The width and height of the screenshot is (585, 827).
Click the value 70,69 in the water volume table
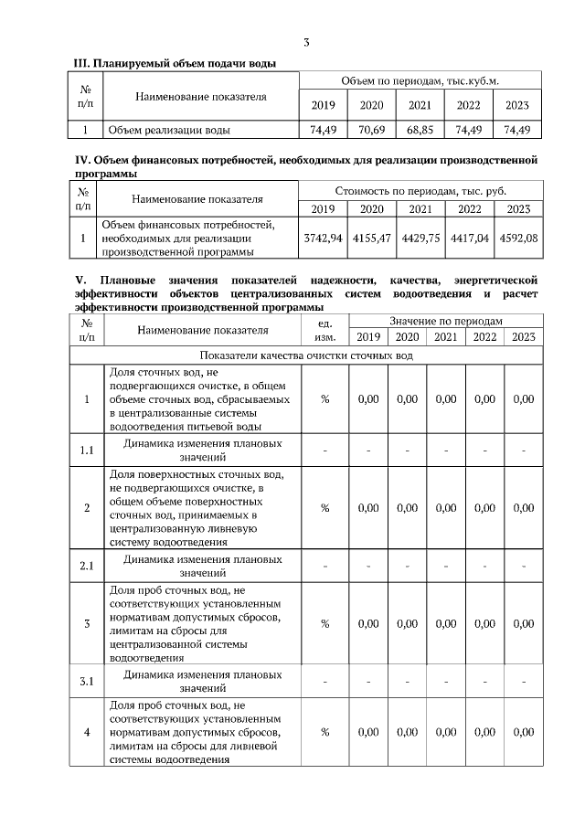(371, 130)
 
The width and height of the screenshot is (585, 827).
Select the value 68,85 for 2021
(420, 130)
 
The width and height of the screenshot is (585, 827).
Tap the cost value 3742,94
(322, 238)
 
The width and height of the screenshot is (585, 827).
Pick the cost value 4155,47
(371, 238)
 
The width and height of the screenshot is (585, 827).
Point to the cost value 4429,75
(420, 238)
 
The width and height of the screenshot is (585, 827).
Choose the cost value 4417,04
(469, 238)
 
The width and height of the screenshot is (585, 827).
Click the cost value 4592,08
(518, 238)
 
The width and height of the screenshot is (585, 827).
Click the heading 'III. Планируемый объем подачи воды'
(175, 63)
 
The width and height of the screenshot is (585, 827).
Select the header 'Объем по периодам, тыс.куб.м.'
(420, 81)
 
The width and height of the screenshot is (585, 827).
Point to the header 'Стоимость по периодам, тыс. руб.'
(420, 191)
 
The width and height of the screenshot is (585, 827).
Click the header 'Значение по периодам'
(445, 322)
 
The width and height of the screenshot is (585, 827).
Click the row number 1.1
(87, 451)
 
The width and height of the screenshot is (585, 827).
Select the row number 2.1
(87, 566)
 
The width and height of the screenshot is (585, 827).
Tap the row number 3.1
(87, 681)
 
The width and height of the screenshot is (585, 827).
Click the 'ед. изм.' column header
(324, 330)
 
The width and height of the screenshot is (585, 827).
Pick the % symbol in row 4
(324, 732)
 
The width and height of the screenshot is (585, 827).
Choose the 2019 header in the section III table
(323, 105)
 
